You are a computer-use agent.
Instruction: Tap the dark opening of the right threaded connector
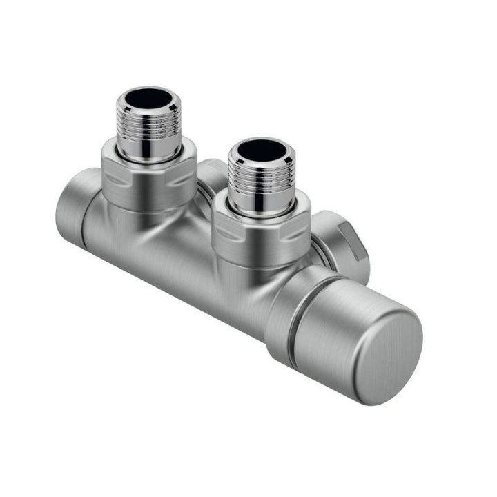pos(261,148)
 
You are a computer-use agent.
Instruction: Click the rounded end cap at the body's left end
pos(69,207)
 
